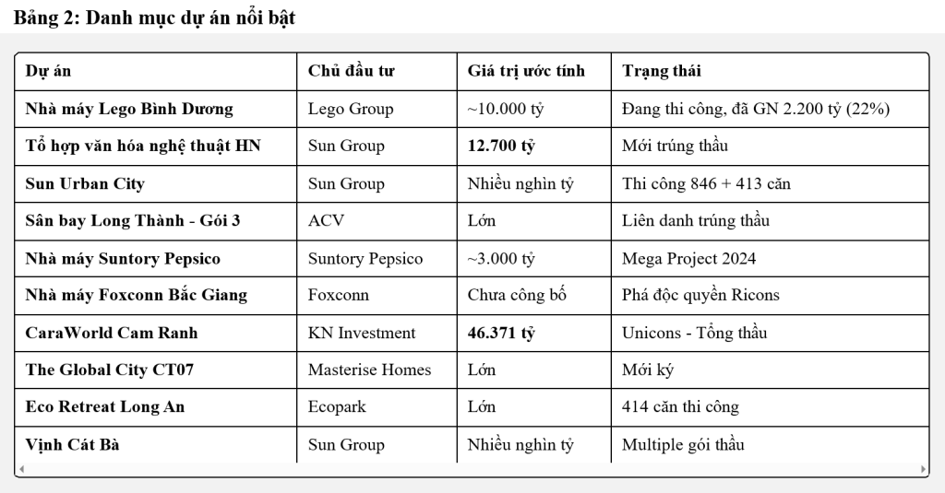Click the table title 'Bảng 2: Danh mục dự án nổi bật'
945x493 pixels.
[154, 18]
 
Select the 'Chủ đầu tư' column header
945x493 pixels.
[351, 71]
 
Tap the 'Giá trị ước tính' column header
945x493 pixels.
[526, 71]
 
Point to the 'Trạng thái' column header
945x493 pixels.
[662, 71]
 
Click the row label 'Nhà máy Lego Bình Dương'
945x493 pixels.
[129, 109]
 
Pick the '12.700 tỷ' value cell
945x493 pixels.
[502, 146]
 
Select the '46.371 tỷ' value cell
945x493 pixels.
[501, 333]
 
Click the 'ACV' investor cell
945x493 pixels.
[324, 220]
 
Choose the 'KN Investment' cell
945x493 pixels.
[362, 333]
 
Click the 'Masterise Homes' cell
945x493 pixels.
[369, 370]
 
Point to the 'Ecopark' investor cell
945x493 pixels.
[338, 406]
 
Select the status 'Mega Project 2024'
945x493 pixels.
[688, 258]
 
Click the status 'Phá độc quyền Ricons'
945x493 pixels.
[700, 295]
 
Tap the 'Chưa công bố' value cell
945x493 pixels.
[517, 295]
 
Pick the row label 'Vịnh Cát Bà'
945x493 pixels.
[72, 444]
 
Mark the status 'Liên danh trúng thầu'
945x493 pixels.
[696, 220]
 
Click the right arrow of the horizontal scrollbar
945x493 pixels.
[924, 469]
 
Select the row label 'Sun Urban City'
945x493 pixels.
[85, 183]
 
